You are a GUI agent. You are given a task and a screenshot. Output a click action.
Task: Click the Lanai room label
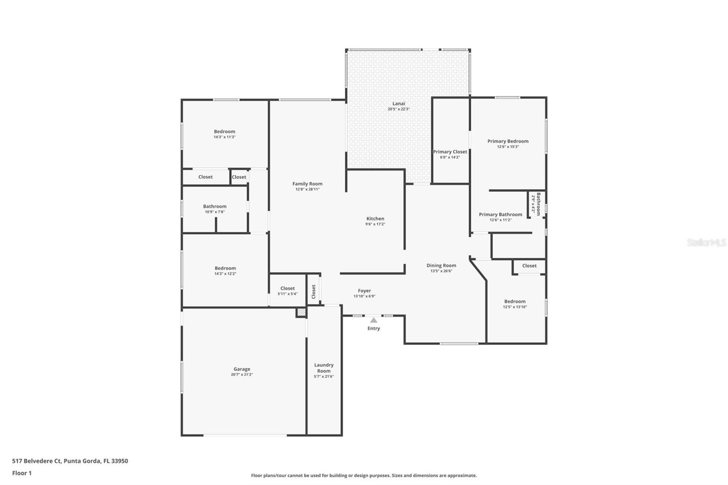(x=399, y=104)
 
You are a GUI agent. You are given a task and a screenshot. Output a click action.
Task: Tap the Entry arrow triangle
(x=374, y=320)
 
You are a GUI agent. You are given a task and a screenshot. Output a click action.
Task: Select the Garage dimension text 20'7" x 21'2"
(x=242, y=375)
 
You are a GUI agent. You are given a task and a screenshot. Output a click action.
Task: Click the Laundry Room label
(x=324, y=368)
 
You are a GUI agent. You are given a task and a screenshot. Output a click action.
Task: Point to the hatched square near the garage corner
(x=301, y=313)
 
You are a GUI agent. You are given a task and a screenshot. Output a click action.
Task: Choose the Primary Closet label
(x=450, y=152)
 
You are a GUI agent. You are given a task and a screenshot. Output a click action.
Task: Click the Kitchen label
(x=375, y=219)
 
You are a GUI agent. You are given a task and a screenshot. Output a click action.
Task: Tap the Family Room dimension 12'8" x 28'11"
(x=308, y=189)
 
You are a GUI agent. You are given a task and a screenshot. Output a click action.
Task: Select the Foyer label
(x=364, y=291)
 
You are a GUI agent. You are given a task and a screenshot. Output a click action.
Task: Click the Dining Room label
(x=441, y=266)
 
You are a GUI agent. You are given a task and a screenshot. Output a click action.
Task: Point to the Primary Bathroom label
(x=500, y=215)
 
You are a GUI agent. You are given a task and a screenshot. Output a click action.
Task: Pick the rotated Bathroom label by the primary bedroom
(x=538, y=204)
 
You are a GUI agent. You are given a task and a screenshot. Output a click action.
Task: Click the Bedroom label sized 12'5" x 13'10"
(x=515, y=302)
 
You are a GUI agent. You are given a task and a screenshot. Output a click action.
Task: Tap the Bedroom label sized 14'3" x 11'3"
(x=225, y=132)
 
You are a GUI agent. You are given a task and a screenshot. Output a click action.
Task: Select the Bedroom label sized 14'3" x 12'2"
(x=225, y=268)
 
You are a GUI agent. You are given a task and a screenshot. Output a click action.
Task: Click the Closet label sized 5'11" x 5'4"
(x=288, y=288)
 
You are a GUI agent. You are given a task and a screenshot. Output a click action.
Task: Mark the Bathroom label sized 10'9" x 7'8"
(x=215, y=207)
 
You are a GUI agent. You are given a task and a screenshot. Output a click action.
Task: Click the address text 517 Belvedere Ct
(x=36, y=461)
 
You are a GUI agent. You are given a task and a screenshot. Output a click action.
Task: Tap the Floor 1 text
(x=22, y=473)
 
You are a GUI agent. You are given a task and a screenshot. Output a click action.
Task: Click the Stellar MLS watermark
(x=706, y=243)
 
